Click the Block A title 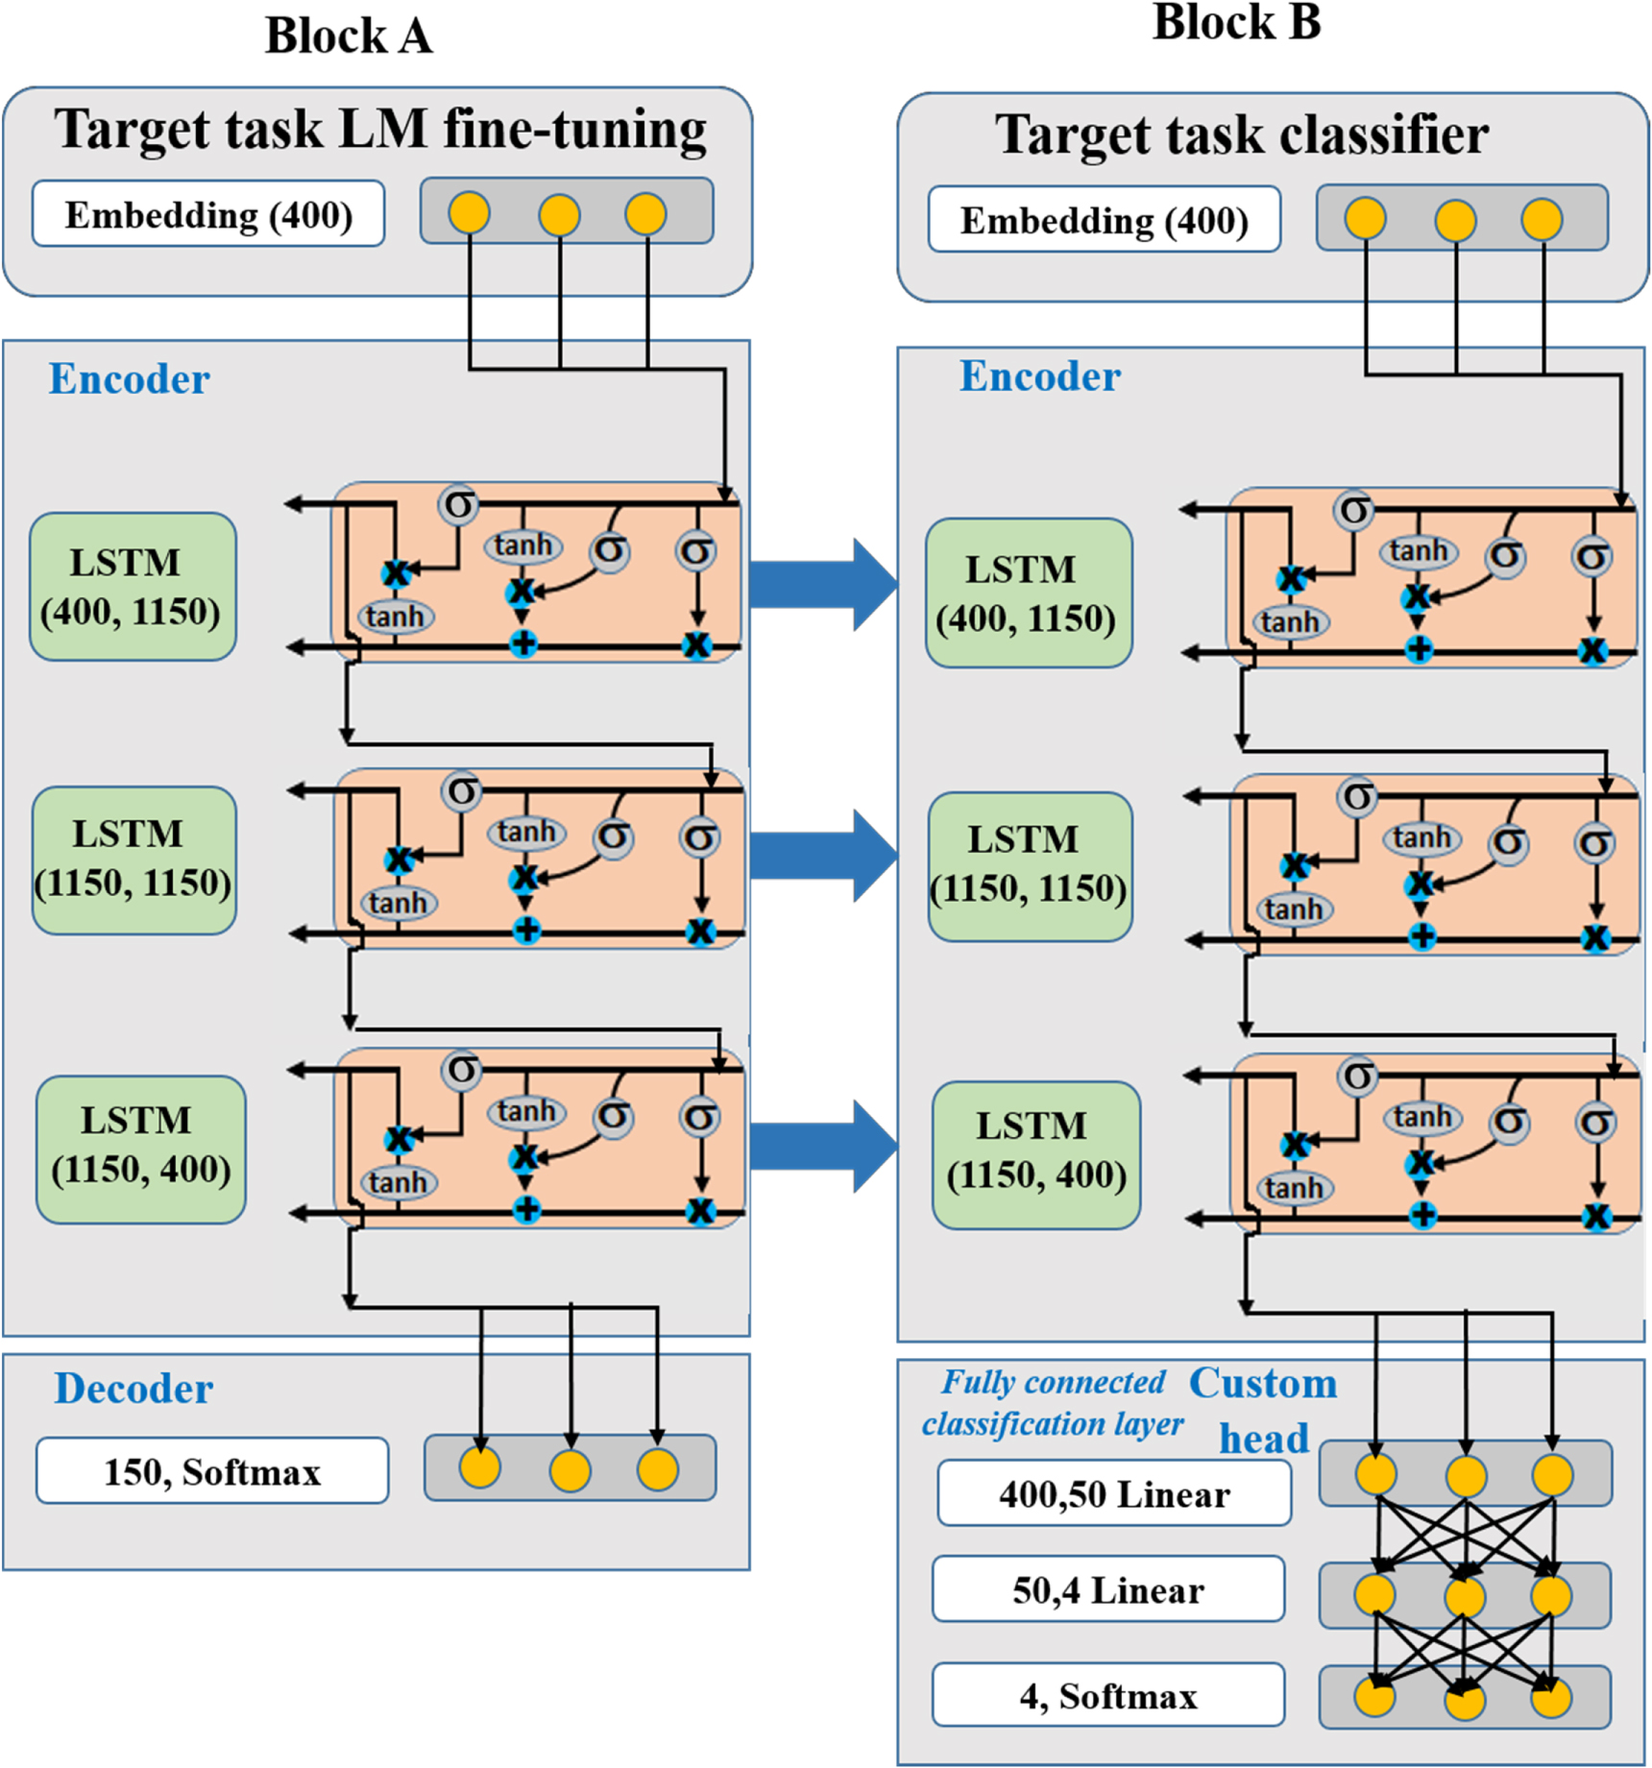(348, 36)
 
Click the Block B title (1236, 23)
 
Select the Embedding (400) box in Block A (208, 214)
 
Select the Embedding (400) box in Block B (1104, 220)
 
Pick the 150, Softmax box (212, 1470)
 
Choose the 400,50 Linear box (1114, 1493)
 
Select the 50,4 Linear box (1107, 1589)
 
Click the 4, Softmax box (1107, 1695)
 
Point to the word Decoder (133, 1388)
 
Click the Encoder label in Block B (1039, 376)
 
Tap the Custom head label (1263, 1409)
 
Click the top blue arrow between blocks (821, 584)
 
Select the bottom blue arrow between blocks (821, 1146)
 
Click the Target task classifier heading (1241, 134)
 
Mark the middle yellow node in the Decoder (570, 1470)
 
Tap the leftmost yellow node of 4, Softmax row (1374, 1696)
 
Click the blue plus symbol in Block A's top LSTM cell (522, 643)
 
